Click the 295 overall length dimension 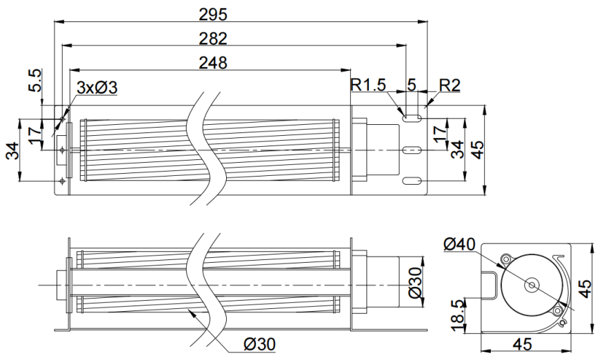(x=213, y=14)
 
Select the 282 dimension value (x=213, y=39)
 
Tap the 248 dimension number (x=213, y=63)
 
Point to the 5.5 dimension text (x=34, y=81)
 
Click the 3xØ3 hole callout (x=97, y=88)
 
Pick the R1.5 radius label (x=368, y=85)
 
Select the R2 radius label (x=450, y=86)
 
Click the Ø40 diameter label (x=459, y=244)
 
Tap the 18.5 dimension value (x=457, y=315)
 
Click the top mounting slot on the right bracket (x=412, y=118)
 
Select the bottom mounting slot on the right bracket (x=412, y=181)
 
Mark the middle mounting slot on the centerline (x=412, y=150)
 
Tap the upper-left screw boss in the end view (x=506, y=258)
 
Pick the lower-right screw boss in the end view (x=558, y=310)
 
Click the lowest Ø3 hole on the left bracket (x=63, y=181)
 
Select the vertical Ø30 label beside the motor (x=415, y=283)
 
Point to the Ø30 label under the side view (x=260, y=344)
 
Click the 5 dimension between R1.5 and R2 (x=412, y=85)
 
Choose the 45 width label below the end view (x=523, y=344)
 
